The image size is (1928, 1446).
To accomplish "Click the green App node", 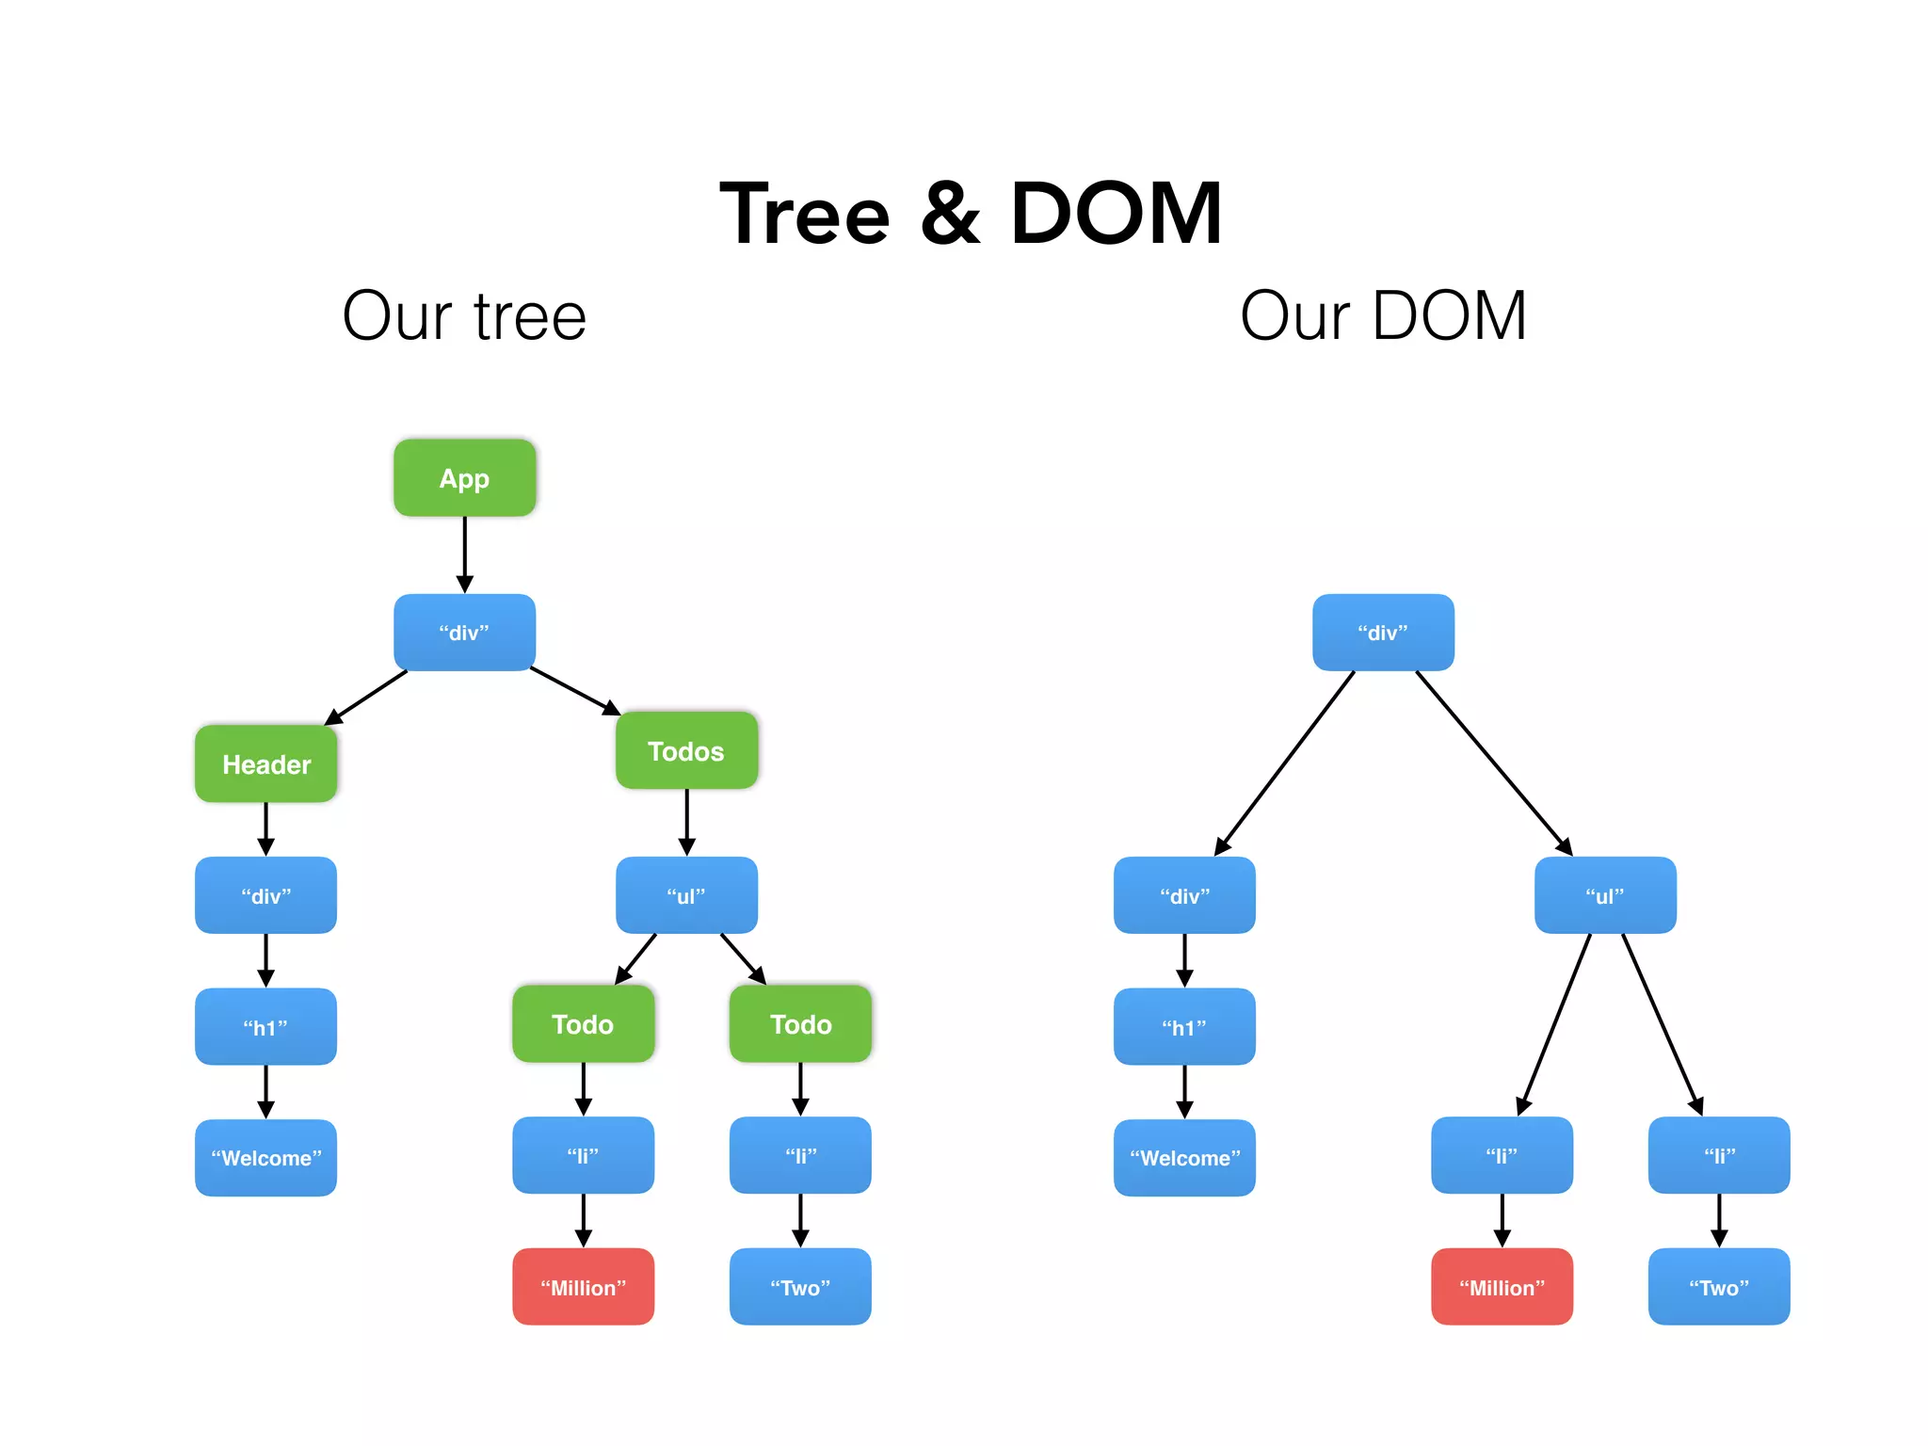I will [464, 478].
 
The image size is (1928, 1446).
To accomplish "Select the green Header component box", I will [265, 763].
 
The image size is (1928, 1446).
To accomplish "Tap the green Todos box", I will [686, 750].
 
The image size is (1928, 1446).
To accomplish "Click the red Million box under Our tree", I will [583, 1287].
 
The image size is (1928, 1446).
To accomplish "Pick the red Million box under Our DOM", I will [1502, 1287].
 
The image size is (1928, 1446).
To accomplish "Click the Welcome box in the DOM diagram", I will [1184, 1157].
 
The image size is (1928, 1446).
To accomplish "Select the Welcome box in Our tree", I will [265, 1157].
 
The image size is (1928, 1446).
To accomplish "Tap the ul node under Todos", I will [686, 895].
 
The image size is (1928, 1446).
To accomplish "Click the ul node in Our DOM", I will [1605, 895].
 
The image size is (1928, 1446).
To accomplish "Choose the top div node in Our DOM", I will [1383, 633].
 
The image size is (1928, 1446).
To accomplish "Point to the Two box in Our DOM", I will [1718, 1287].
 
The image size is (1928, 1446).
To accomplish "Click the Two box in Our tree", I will [800, 1287].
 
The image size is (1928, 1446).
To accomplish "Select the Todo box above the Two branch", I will [800, 1023].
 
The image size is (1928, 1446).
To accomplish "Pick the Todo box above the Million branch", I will [583, 1023].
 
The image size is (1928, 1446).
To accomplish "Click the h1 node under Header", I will [265, 1026].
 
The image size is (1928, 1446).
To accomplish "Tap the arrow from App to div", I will [464, 555].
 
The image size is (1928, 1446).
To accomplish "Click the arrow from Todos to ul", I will [686, 822].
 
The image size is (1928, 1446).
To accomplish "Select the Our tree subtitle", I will [464, 316].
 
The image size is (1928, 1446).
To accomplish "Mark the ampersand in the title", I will [949, 215].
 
